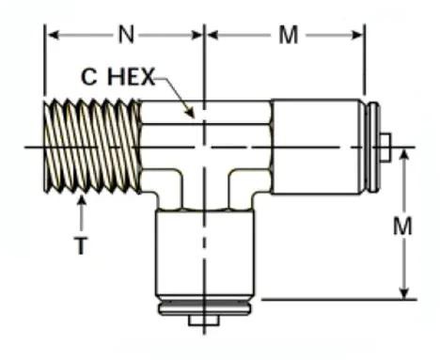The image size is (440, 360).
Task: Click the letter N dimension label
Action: pos(126,35)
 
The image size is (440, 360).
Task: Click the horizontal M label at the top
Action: pos(289,35)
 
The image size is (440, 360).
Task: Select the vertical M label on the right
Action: pos(402,227)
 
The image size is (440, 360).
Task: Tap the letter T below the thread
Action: pos(81,245)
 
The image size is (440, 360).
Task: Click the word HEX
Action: pos(131,77)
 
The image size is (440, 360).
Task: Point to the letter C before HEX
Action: pos(88,77)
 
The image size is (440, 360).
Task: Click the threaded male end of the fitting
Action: pos(92,147)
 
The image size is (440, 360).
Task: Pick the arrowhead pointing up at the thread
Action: pos(82,200)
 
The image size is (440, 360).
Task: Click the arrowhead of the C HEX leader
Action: pos(189,113)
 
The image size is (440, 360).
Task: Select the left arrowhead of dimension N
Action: pos(53,35)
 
